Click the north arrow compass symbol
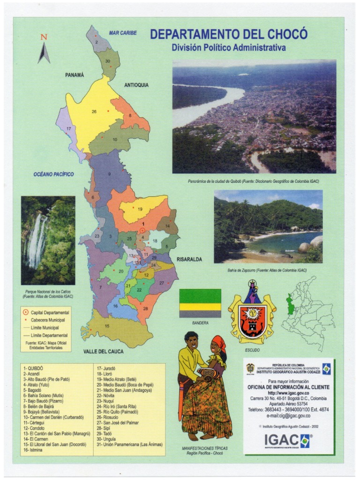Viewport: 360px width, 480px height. click(44, 51)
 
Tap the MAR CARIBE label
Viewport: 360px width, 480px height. click(123, 33)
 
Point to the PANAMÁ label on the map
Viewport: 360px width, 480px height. click(75, 75)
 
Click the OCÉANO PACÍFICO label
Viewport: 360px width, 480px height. click(53, 174)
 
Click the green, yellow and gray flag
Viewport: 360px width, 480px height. click(200, 303)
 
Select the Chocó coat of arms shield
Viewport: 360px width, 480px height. click(252, 313)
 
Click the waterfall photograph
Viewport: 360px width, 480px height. click(48, 240)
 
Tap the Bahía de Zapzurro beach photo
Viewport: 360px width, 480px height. click(268, 226)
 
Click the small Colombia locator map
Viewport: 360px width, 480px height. click(307, 313)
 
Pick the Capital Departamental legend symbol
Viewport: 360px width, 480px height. click(24, 312)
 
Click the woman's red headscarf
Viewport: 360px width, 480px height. click(219, 343)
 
